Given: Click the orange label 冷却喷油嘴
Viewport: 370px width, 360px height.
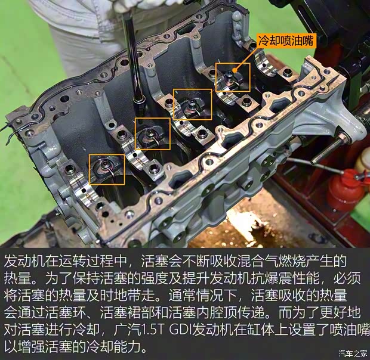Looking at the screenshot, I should [285, 41].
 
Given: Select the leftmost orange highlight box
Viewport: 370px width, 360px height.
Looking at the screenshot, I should [107, 169].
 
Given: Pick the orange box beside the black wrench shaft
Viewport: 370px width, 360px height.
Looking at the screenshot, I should [152, 134].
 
